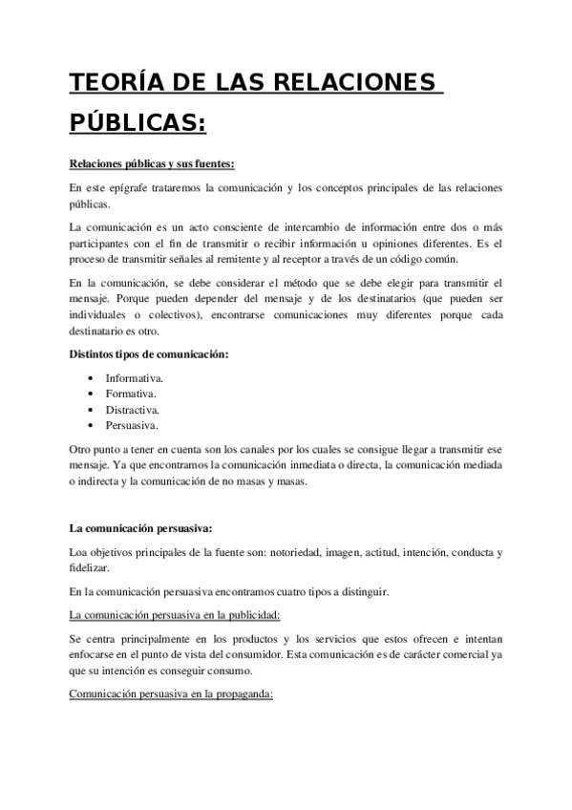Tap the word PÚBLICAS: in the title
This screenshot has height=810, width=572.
(138, 124)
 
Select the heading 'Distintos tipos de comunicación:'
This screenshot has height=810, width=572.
(149, 354)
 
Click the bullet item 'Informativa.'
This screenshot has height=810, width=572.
(134, 379)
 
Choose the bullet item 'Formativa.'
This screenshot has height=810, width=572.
(131, 394)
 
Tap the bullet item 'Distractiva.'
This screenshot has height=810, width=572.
(134, 410)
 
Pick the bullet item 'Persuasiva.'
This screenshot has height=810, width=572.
(132, 425)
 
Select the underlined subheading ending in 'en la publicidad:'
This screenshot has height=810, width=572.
(174, 614)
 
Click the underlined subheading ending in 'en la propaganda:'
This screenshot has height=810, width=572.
(172, 694)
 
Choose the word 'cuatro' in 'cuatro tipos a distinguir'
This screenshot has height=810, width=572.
(276, 591)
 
